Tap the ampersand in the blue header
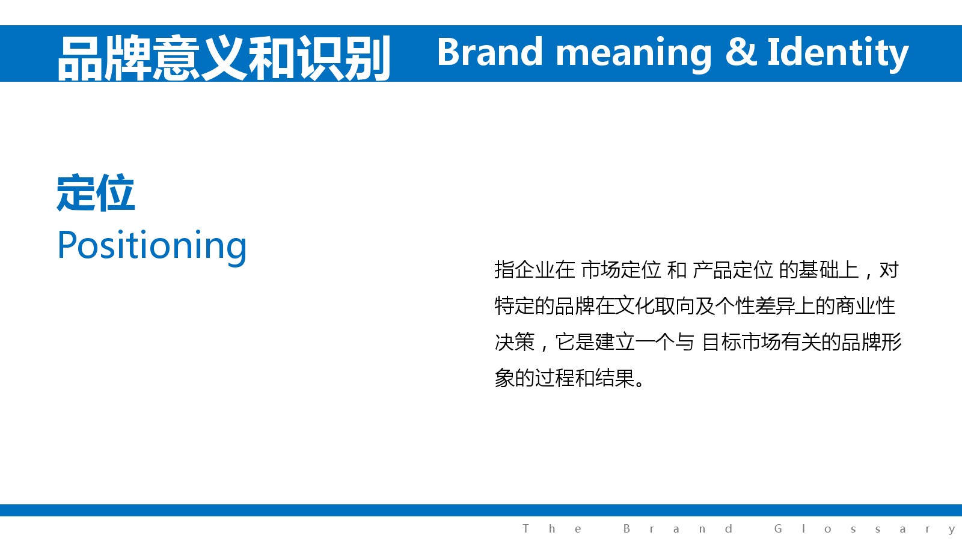point(741,52)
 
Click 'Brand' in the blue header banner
point(490,52)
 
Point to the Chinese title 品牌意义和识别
point(224,58)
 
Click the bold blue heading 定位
point(96,193)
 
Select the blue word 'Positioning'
point(152,246)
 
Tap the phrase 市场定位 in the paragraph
point(621,270)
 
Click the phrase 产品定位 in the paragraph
point(733,270)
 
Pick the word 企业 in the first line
point(535,270)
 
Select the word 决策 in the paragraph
point(515,342)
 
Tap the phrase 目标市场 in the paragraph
point(741,342)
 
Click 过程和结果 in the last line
point(584,378)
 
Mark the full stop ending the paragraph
point(639,384)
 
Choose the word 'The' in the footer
point(553,528)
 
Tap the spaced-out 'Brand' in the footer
point(678,528)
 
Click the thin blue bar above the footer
point(481,510)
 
